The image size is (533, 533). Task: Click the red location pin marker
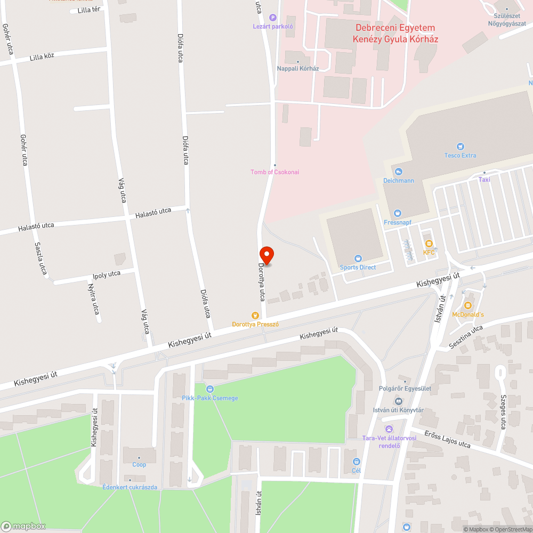(266, 255)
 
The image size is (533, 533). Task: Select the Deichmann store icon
(398, 172)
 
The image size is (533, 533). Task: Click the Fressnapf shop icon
(393, 213)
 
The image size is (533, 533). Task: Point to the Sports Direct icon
(358, 259)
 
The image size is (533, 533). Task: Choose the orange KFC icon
(429, 244)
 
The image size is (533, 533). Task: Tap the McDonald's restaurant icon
(467, 305)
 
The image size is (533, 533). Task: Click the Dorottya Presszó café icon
(255, 316)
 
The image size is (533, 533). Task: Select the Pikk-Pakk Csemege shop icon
(209, 389)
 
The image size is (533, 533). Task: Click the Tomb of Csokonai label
(275, 172)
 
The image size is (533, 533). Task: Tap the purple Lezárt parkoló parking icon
(273, 18)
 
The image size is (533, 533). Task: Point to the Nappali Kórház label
(297, 68)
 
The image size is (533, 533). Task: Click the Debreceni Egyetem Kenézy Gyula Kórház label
(395, 34)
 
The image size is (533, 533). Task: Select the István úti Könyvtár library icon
(398, 401)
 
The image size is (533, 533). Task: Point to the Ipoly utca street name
(107, 275)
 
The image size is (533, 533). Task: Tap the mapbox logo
(23, 526)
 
